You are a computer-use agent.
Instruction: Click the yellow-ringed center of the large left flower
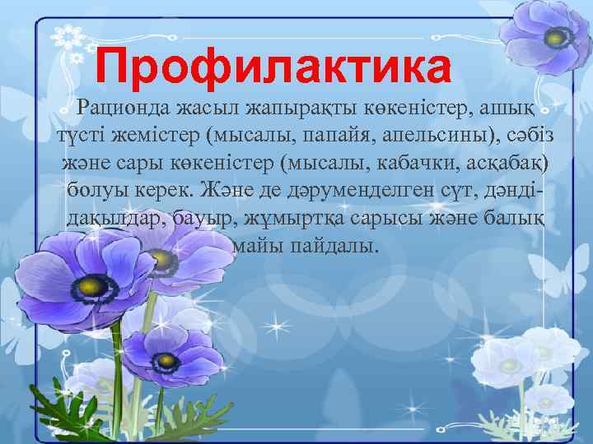click(x=93, y=286)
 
